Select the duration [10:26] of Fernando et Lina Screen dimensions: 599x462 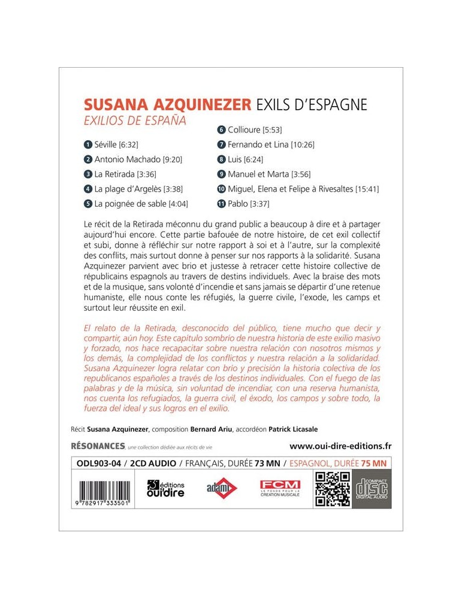pos(302,144)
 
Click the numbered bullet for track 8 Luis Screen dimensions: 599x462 pos(221,159)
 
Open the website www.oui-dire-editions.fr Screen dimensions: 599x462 pos(340,446)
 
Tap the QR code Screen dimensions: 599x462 pos(333,489)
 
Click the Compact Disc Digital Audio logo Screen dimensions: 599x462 pos(372,489)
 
